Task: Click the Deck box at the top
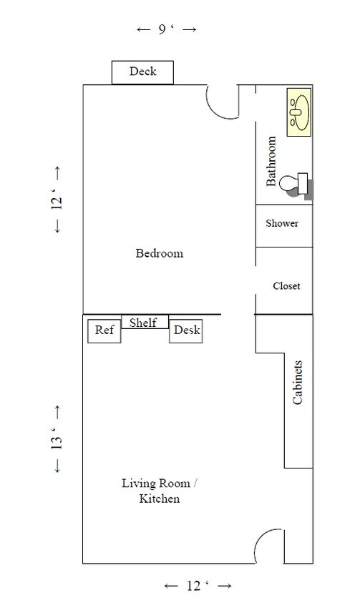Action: click(x=142, y=72)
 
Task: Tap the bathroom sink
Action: click(x=299, y=112)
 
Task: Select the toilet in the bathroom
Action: click(x=296, y=185)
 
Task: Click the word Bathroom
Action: click(x=271, y=161)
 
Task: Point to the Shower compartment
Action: click(x=284, y=226)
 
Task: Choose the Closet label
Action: click(x=286, y=285)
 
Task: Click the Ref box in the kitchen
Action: click(x=104, y=331)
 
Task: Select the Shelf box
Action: click(x=145, y=321)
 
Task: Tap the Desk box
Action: click(x=186, y=331)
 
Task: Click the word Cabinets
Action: click(x=297, y=382)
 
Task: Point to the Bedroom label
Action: click(x=159, y=253)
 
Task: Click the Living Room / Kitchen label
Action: click(x=159, y=491)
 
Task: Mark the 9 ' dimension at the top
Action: click(x=167, y=29)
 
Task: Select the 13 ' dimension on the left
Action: click(x=57, y=438)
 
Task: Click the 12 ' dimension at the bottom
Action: click(x=198, y=586)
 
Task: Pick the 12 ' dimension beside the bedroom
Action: click(x=57, y=200)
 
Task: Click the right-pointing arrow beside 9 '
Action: click(x=189, y=29)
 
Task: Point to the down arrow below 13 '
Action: click(x=57, y=466)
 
